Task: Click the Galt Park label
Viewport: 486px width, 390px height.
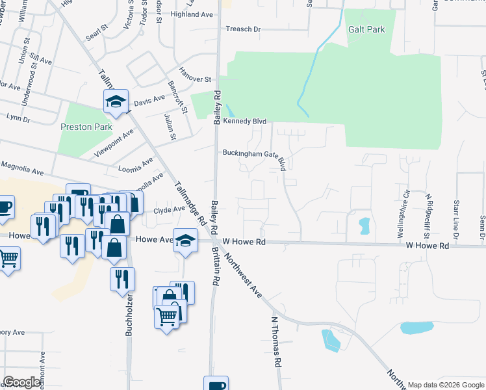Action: tap(366, 29)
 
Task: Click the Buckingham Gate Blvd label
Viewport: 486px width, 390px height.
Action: tap(254, 154)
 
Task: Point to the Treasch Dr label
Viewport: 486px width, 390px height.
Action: tap(242, 29)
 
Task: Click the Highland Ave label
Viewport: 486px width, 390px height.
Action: tap(192, 14)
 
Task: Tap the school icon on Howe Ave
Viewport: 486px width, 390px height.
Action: tap(185, 240)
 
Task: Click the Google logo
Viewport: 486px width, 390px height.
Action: tap(21, 382)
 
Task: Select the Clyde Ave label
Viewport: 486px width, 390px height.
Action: tap(170, 209)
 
